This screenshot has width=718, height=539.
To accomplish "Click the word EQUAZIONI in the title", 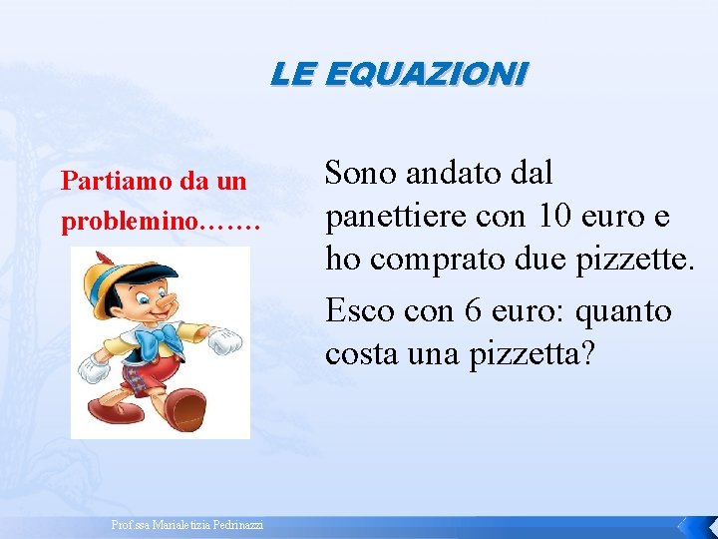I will (426, 73).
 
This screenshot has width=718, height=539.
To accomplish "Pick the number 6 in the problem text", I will (474, 310).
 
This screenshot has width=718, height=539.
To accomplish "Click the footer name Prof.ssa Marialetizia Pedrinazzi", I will (187, 525).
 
